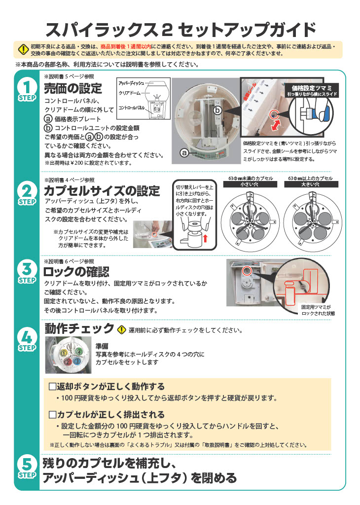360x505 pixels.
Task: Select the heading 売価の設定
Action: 72,89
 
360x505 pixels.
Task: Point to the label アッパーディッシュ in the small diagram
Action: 131,84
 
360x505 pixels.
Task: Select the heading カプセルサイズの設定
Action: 102,191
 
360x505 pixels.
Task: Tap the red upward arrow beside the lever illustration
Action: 206,240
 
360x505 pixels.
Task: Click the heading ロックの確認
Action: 76,272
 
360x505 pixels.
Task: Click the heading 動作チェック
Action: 79,328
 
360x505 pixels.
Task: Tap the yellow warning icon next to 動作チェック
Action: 122,329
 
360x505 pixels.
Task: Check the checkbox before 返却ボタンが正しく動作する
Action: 53,386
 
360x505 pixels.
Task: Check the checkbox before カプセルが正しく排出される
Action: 53,414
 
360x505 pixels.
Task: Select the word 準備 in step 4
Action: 103,346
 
